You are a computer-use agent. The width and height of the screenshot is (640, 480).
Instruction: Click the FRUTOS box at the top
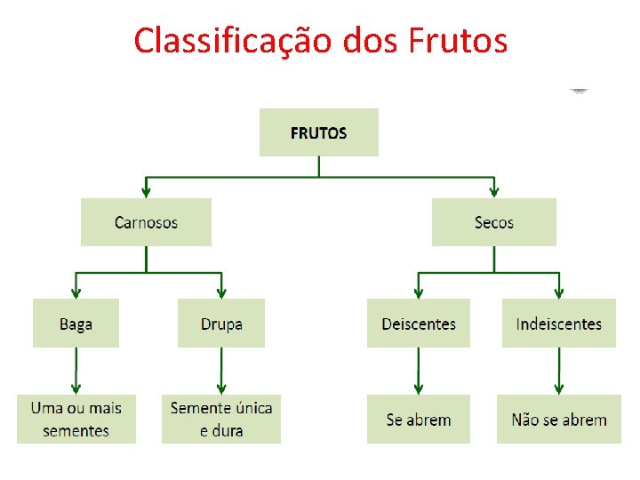(318, 132)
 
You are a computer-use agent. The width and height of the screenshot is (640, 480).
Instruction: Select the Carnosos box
(146, 222)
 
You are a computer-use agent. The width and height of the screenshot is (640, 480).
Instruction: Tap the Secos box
(494, 222)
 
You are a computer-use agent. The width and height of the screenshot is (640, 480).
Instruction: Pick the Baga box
(76, 324)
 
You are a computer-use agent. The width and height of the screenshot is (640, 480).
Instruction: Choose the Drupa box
(221, 324)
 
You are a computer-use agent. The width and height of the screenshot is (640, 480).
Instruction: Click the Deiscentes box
(418, 324)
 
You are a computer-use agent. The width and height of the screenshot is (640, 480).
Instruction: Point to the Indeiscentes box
(558, 324)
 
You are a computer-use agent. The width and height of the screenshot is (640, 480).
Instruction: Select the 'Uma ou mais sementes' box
(76, 420)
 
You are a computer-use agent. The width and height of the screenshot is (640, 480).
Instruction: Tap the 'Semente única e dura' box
(221, 420)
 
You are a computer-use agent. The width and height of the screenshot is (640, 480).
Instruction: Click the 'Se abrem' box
(418, 420)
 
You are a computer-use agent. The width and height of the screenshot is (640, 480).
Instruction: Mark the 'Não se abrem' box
(558, 420)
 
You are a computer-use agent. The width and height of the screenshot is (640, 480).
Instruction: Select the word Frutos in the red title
(456, 40)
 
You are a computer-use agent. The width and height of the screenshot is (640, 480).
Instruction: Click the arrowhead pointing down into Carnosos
(146, 190)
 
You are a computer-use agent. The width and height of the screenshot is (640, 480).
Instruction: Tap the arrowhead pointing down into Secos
(494, 190)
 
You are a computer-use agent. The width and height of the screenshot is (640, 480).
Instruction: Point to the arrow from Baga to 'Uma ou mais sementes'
(76, 371)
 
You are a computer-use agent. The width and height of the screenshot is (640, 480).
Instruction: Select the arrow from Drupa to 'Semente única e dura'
(221, 371)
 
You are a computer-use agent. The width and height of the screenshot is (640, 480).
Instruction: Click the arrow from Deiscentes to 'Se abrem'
(418, 371)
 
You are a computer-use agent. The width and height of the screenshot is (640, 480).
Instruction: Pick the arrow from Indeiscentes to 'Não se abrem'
(558, 371)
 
